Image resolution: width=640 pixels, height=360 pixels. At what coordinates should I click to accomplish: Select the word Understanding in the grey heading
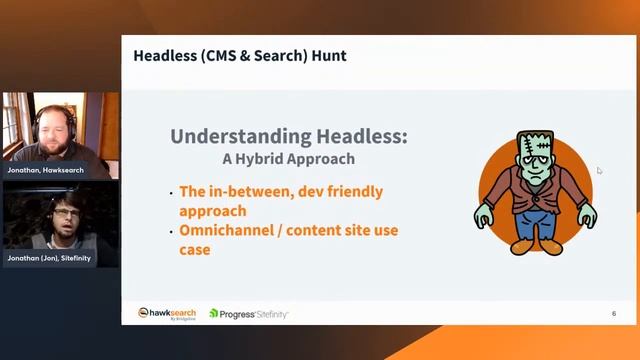click(236, 137)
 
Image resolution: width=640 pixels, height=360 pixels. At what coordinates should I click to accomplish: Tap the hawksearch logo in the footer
click(167, 314)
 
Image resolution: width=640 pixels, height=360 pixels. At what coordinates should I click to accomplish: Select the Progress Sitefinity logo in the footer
click(249, 314)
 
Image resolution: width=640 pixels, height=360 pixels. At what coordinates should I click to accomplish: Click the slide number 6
click(614, 314)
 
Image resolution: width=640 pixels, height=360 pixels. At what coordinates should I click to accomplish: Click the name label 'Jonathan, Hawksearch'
click(46, 171)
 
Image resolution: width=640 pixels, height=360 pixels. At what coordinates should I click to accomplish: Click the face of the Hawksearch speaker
click(50, 126)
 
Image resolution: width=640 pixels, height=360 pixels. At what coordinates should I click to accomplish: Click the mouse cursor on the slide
click(599, 171)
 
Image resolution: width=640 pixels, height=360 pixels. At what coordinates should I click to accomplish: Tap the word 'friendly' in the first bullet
click(353, 191)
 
